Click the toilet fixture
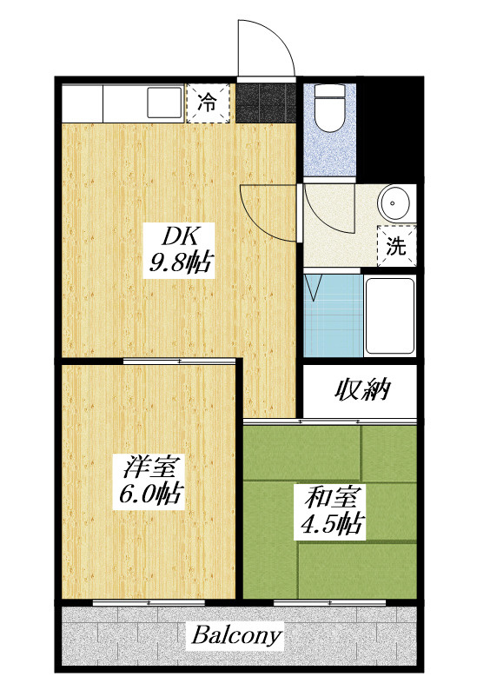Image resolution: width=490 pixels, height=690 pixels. click(329, 108)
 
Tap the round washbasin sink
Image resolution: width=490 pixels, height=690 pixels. click(394, 202)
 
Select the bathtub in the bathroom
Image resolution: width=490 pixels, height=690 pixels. click(390, 315)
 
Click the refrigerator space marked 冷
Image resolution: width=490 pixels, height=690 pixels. click(208, 103)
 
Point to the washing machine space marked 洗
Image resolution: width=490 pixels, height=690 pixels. click(396, 246)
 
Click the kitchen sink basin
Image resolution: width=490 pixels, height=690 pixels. click(164, 103)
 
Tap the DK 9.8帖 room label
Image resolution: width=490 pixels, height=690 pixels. click(180, 251)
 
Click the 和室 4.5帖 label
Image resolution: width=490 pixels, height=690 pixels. click(333, 510)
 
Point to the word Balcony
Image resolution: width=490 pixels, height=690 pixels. click(236, 635)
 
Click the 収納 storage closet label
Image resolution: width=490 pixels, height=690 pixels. click(363, 389)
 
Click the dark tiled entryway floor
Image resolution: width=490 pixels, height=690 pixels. click(266, 103)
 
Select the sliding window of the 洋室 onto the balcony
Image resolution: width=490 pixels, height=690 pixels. click(149, 602)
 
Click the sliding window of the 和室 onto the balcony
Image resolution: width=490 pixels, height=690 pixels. click(329, 602)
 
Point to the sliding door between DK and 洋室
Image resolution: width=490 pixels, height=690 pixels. click(180, 362)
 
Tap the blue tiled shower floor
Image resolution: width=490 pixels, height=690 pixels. click(333, 315)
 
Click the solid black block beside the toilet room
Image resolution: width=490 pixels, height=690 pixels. click(390, 130)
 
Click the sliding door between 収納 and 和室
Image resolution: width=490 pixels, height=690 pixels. click(330, 421)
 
